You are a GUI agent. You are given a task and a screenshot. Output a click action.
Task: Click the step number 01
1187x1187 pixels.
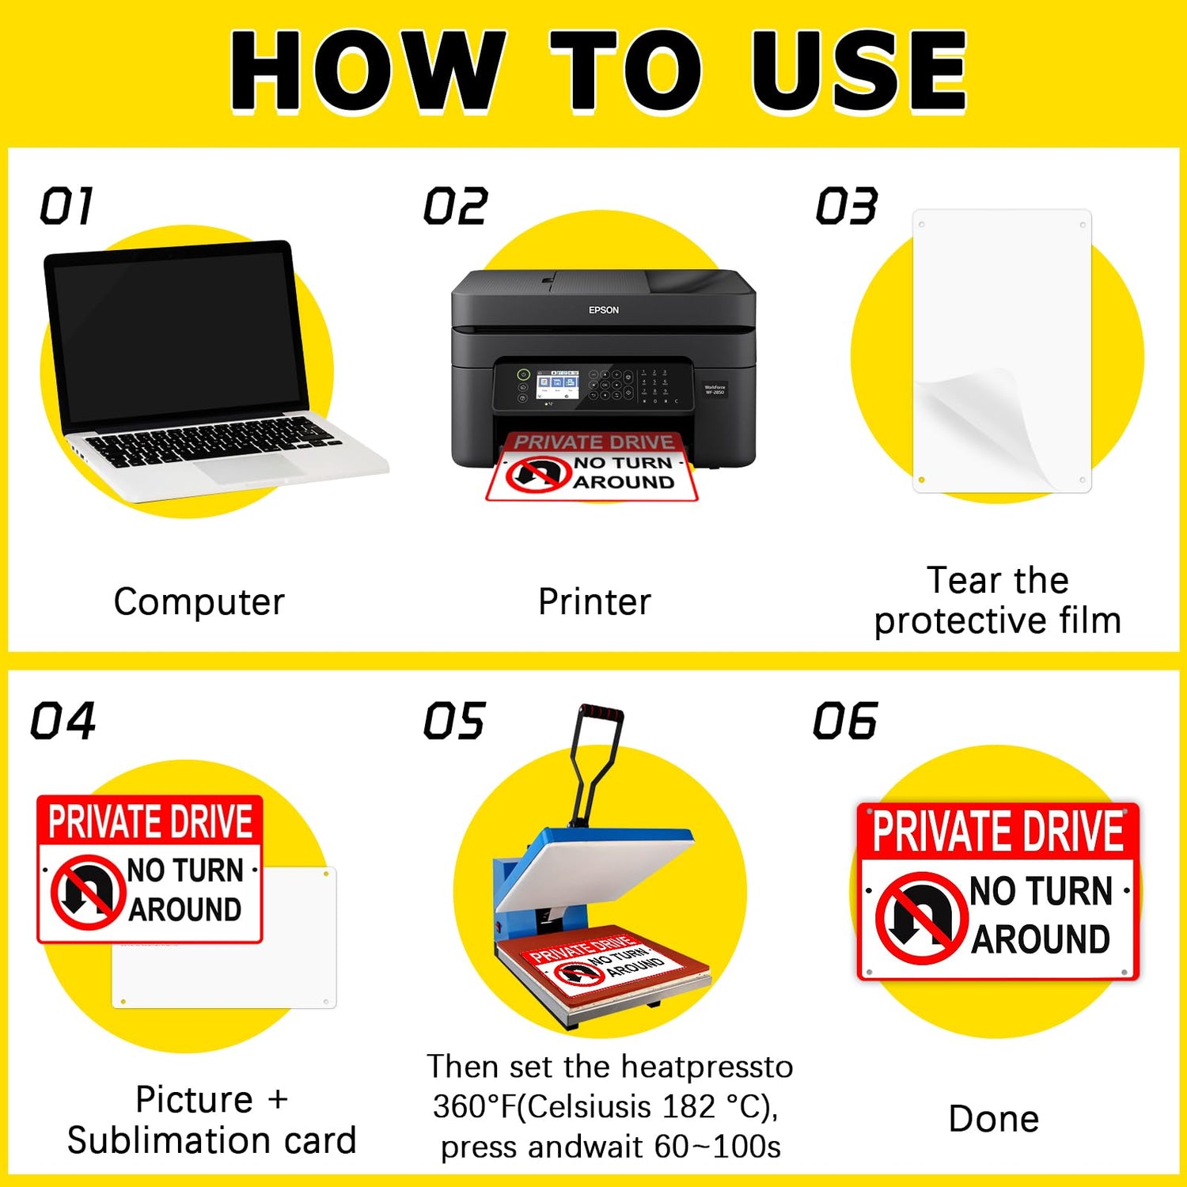click(x=67, y=207)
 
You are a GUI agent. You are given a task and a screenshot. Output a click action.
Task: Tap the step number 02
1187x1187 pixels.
click(x=456, y=207)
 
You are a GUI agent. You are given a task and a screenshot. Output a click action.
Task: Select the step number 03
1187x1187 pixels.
click(x=847, y=207)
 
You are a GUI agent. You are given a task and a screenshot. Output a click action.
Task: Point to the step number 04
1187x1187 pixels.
click(x=63, y=721)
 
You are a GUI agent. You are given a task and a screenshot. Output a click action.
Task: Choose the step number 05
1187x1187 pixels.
click(x=454, y=721)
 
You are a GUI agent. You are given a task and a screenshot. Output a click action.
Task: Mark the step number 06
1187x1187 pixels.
click(x=845, y=721)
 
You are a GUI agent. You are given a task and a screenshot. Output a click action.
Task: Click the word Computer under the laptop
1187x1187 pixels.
click(x=199, y=602)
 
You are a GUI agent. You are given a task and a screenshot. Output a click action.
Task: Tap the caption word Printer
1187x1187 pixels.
click(x=595, y=602)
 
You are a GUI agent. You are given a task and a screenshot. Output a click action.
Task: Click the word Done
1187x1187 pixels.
click(x=994, y=1119)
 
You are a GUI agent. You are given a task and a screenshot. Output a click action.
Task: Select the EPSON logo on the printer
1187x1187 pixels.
click(x=604, y=310)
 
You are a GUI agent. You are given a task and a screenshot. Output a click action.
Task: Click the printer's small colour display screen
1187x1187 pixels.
click(x=557, y=385)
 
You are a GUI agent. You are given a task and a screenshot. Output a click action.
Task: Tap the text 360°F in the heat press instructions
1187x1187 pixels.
click(x=474, y=1106)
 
